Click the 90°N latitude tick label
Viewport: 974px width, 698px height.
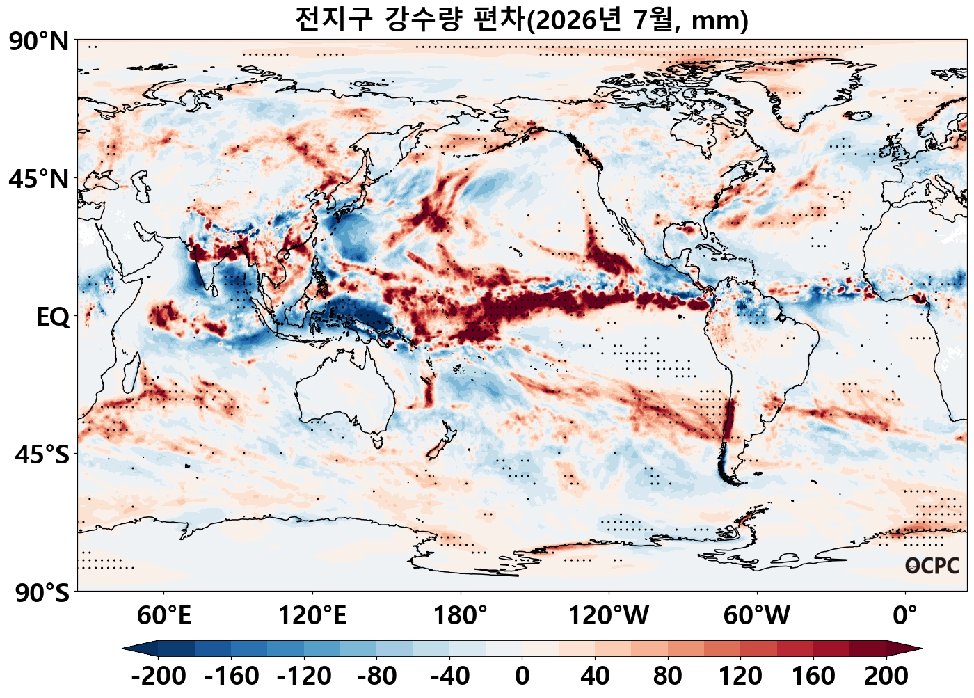pyautogui.click(x=39, y=42)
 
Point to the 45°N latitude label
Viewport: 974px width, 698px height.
pyautogui.click(x=39, y=179)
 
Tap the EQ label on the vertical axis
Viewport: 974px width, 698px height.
pyautogui.click(x=53, y=317)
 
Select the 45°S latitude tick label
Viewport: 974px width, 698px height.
pyautogui.click(x=42, y=455)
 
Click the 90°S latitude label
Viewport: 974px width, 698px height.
pyautogui.click(x=42, y=592)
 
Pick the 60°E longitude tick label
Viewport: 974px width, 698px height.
pyautogui.click(x=164, y=616)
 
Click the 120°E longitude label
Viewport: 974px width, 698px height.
pyautogui.click(x=312, y=616)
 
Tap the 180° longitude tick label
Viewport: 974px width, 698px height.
pyautogui.click(x=461, y=616)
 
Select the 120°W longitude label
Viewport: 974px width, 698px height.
pyautogui.click(x=609, y=616)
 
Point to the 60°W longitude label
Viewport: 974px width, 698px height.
pyautogui.click(x=757, y=616)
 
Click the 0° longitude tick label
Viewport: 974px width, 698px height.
pyautogui.click(x=905, y=616)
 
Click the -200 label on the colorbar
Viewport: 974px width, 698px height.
pyautogui.click(x=159, y=676)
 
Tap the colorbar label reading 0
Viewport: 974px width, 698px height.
pyautogui.click(x=522, y=676)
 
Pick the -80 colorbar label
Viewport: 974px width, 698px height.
pyautogui.click(x=376, y=676)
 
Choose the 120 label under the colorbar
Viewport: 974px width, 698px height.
pyautogui.click(x=740, y=676)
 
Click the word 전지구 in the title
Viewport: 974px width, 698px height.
pyautogui.click(x=334, y=19)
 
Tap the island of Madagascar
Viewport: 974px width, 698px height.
pyautogui.click(x=131, y=372)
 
